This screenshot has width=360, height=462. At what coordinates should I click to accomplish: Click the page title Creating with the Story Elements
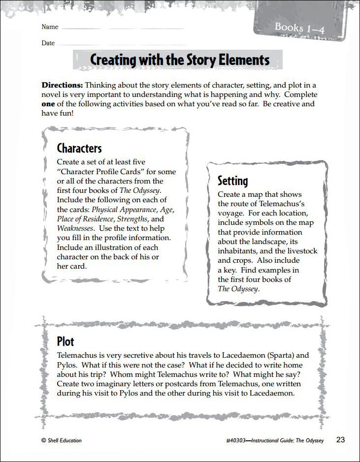coord(180,60)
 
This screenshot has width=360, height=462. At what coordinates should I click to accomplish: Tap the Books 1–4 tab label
coord(299,28)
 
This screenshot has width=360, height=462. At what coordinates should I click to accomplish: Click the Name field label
coord(50,27)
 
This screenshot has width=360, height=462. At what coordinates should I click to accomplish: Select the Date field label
coord(48,43)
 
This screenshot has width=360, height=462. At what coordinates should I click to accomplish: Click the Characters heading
coord(79,148)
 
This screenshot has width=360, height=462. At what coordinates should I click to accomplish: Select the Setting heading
coord(233,181)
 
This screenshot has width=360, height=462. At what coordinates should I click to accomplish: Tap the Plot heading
coord(65,341)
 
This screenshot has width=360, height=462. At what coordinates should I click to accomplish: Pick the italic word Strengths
coord(132,219)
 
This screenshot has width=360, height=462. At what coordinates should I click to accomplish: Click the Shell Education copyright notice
coord(62,440)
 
